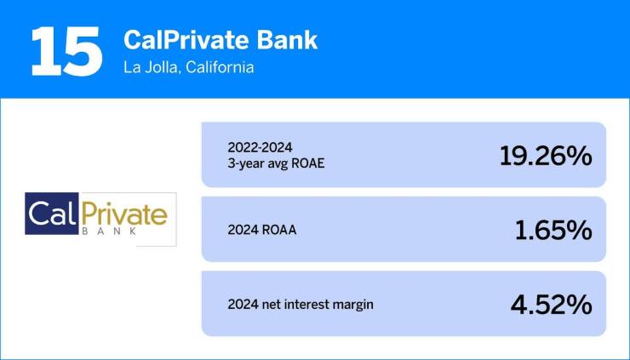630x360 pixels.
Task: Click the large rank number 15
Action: coord(65,51)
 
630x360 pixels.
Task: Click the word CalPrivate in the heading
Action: coord(176,40)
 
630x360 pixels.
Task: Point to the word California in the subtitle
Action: coord(220,67)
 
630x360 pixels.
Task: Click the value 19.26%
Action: coord(546,156)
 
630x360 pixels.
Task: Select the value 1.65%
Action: coord(554,230)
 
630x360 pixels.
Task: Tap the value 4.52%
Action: coord(553,305)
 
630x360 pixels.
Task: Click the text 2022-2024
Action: coord(256,146)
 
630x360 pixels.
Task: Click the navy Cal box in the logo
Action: coord(53,216)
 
